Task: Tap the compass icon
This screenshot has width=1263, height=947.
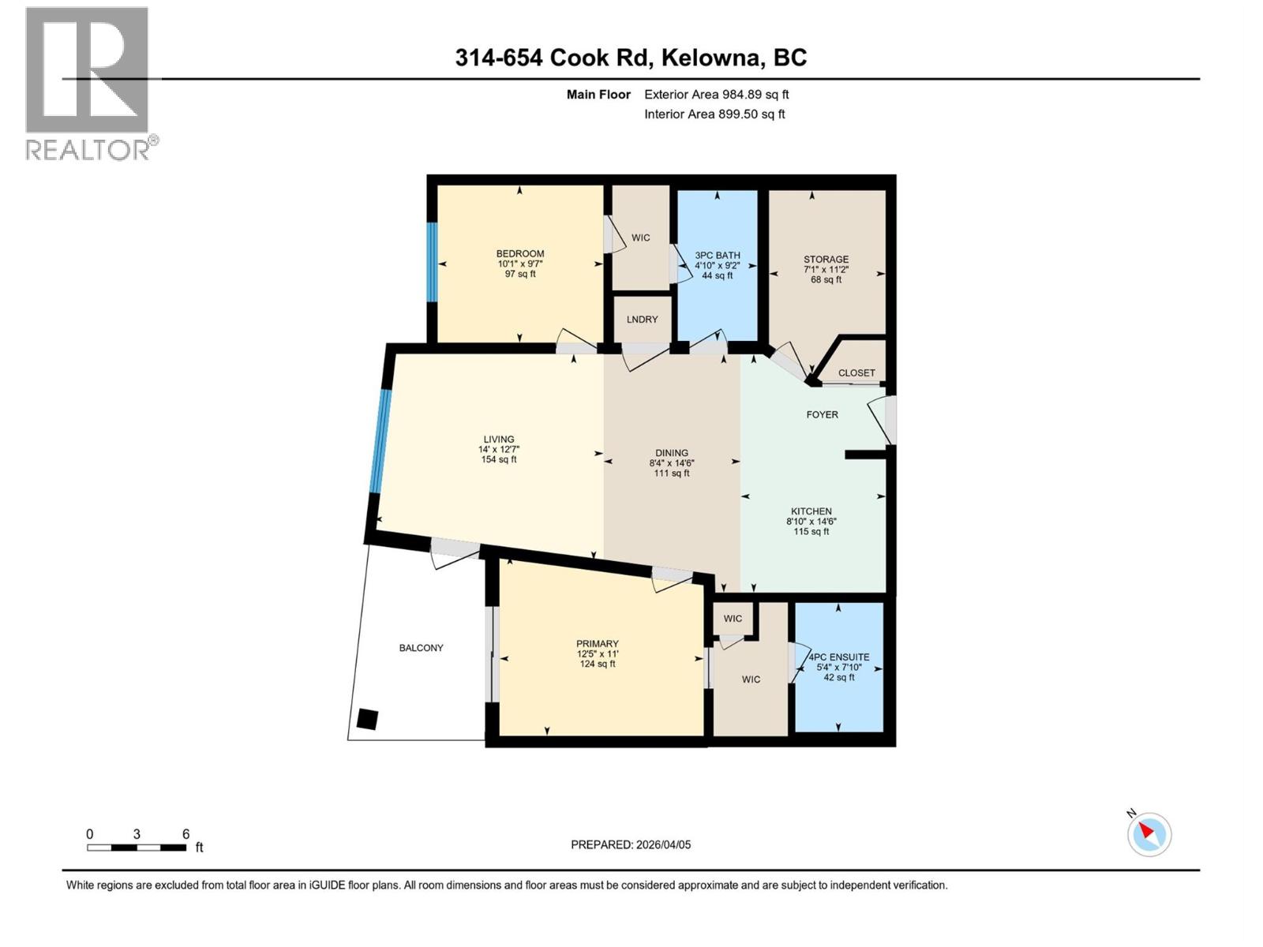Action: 1149,834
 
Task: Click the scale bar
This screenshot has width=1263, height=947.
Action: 137,848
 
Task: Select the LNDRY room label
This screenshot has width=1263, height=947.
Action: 642,320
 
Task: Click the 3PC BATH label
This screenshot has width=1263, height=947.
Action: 718,256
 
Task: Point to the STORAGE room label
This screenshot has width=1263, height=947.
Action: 826,260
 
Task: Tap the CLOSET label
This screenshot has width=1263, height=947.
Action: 856,372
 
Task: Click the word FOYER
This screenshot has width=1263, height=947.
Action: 822,414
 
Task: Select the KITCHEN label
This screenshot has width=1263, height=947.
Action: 811,511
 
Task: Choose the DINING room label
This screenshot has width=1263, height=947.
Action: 672,453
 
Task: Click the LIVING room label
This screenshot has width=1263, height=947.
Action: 499,440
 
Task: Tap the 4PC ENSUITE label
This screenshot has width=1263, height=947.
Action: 839,657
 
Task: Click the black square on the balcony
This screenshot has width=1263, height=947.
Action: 367,719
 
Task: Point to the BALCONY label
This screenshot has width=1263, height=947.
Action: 421,648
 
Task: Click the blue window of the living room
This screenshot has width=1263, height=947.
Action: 380,442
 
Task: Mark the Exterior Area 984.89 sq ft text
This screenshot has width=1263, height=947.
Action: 716,95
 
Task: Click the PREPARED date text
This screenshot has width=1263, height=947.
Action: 631,844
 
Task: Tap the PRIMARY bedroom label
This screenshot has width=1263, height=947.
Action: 597,644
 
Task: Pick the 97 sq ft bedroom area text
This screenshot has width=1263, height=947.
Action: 520,274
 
